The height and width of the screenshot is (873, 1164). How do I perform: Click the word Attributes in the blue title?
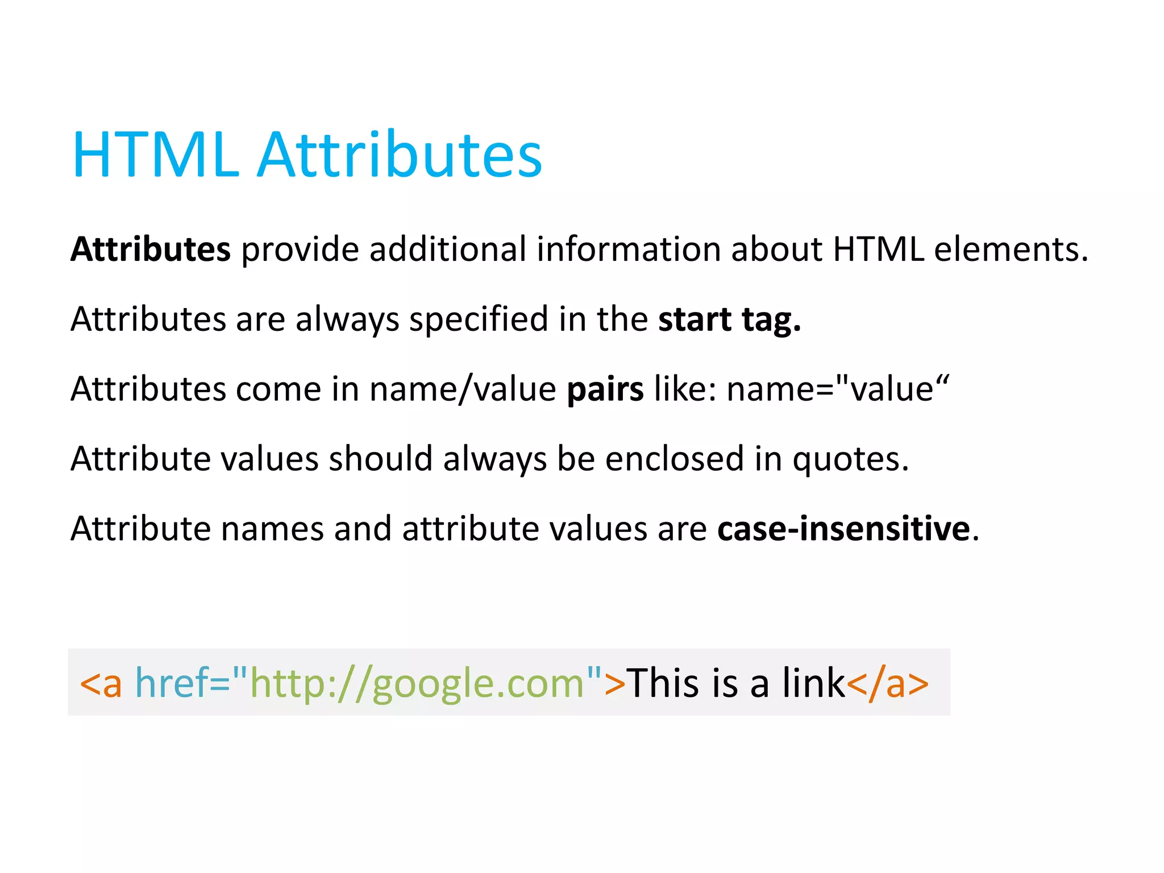click(x=400, y=155)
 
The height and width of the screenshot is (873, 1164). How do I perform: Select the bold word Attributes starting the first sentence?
click(x=151, y=249)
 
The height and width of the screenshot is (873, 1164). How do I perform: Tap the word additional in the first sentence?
click(x=448, y=249)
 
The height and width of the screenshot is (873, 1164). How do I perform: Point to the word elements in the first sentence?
click(x=1011, y=249)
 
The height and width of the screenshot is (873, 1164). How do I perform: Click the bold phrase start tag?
click(x=730, y=319)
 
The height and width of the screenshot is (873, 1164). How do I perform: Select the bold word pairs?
click(x=605, y=389)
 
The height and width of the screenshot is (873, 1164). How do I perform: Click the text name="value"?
click(x=838, y=389)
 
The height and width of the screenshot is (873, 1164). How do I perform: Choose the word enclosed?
click(x=674, y=459)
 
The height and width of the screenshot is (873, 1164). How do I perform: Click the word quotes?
click(x=850, y=459)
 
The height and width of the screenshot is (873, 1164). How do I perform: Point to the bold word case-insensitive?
click(x=843, y=529)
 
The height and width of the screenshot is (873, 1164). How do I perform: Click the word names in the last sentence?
click(x=272, y=529)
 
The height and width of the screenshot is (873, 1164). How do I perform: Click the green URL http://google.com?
click(x=417, y=682)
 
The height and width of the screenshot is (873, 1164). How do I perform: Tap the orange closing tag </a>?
click(x=888, y=682)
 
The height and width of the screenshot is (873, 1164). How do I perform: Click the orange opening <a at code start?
click(x=101, y=682)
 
